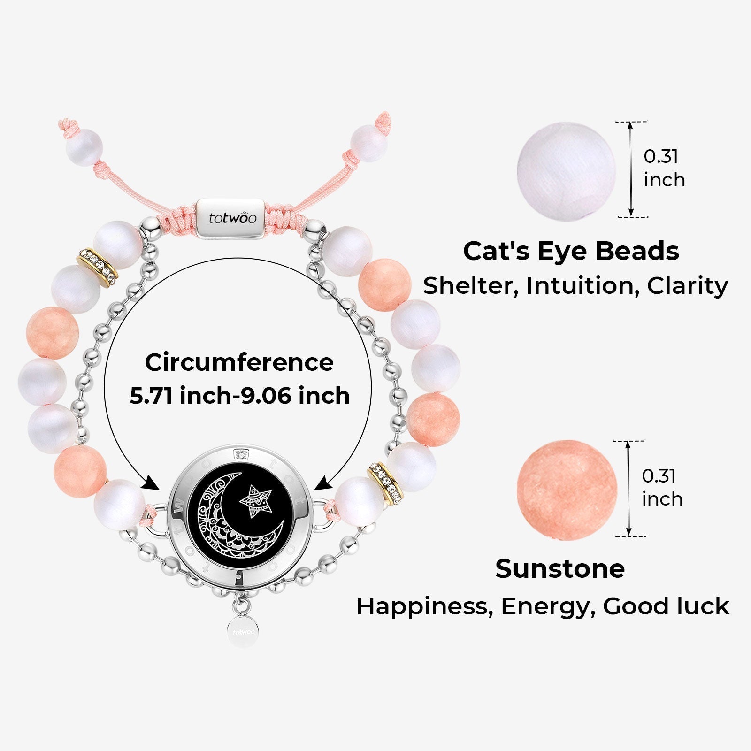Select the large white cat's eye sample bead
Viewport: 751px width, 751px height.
coord(567,171)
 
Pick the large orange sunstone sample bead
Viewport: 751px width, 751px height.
coord(567,490)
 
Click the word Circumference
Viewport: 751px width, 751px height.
coord(239,362)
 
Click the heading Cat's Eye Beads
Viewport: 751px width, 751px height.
coord(571,251)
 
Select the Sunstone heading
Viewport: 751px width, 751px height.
coord(560,569)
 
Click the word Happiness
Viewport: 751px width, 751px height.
coord(425,606)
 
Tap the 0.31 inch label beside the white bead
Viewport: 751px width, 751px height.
coord(664,168)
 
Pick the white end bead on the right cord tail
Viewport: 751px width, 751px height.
coord(369,143)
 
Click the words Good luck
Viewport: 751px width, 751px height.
coord(666,606)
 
